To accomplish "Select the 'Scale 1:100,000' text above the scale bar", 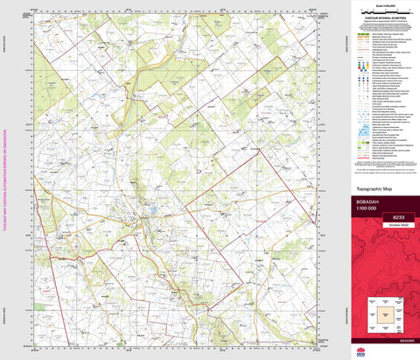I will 382,4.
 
